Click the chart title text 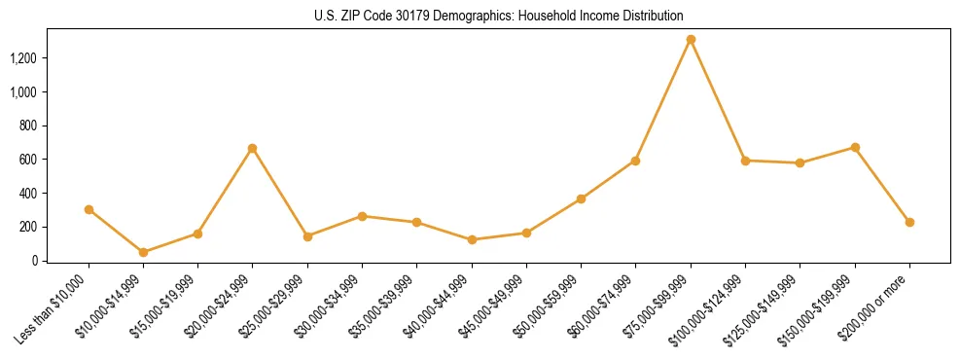[x=499, y=16]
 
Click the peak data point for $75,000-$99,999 [x=691, y=40]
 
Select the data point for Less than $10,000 [x=89, y=209]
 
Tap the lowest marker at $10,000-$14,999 [x=143, y=252]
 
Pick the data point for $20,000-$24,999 [x=253, y=148]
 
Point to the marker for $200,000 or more [x=909, y=222]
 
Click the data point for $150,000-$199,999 [x=855, y=147]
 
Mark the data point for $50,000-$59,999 [x=581, y=198]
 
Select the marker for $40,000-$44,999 [x=472, y=239]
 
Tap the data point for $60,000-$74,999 [x=635, y=161]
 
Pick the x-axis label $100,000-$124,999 [x=708, y=310]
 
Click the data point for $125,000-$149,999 [x=800, y=162]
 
